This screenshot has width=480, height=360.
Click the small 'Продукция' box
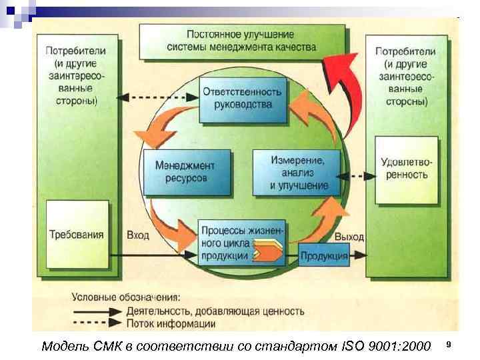[324, 255]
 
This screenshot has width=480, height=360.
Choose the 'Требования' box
[77, 234]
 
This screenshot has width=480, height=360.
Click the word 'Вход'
[138, 235]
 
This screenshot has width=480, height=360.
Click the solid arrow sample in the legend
[97, 311]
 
